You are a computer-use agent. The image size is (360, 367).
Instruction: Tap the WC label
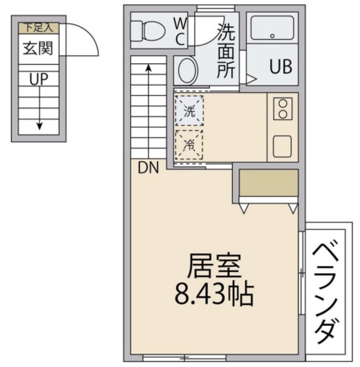coord(179,32)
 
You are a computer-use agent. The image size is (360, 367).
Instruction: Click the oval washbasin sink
coord(186,72)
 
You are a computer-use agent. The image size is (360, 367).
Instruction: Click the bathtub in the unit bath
coord(272,29)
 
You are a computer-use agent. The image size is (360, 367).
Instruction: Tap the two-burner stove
coord(282,108)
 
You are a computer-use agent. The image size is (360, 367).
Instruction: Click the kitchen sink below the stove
coord(282,146)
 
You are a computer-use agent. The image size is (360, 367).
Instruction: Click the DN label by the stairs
coord(148,168)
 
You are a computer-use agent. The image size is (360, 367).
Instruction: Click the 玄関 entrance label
coord(38,48)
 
